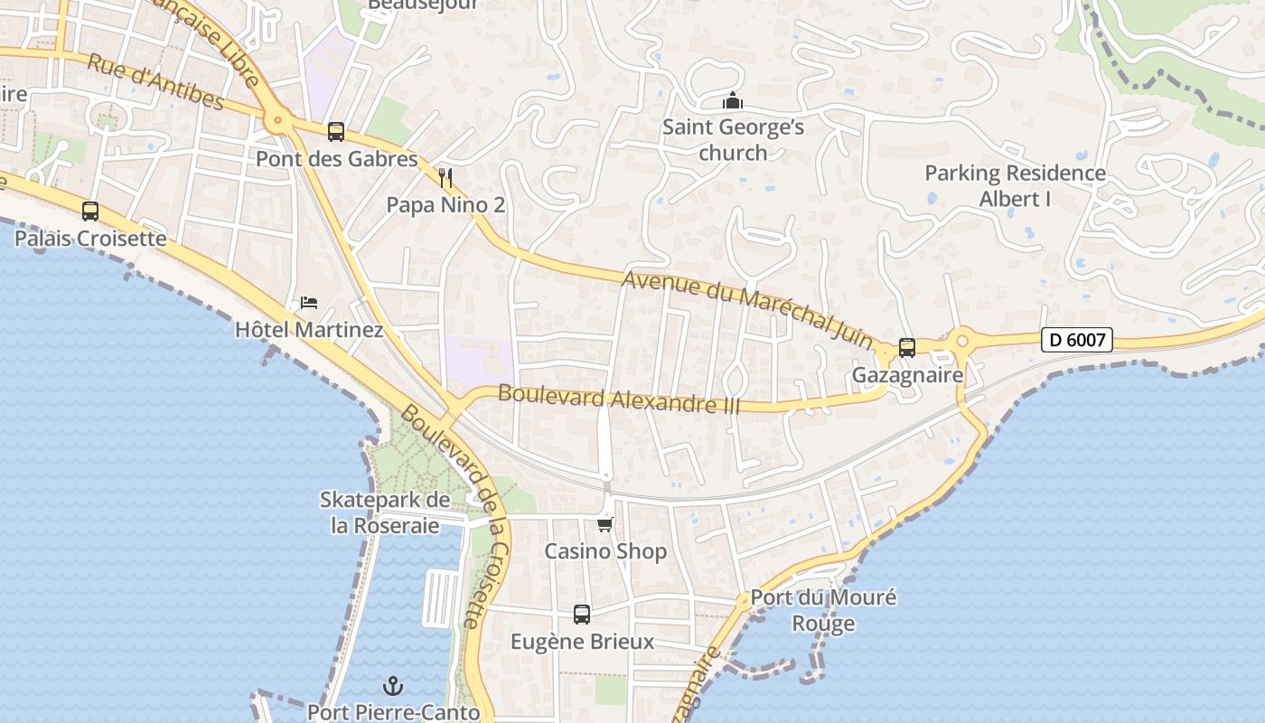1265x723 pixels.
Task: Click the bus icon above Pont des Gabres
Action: pos(336,132)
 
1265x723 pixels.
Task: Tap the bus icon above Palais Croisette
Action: pos(90,211)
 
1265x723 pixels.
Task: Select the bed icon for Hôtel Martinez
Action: pos(309,302)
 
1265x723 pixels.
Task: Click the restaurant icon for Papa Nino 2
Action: pos(445,177)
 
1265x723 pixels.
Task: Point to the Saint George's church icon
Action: pos(733,100)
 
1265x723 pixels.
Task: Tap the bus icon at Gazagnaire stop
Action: pos(907,347)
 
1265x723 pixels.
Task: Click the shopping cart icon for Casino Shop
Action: pos(605,524)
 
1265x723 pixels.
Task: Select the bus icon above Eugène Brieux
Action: pos(582,615)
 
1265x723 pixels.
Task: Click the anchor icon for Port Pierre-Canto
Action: pos(393,686)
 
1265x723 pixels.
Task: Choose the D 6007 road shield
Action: pos(1076,340)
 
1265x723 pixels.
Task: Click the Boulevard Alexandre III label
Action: pos(619,399)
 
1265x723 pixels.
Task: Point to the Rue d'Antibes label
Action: pos(155,81)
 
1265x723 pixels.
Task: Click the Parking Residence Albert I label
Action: pos(1015,185)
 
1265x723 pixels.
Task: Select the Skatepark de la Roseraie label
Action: pos(385,512)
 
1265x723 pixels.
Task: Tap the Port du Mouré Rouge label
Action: pos(823,610)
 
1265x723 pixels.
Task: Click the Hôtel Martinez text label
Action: pos(309,330)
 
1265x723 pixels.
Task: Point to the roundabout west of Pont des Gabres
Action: pos(277,119)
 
